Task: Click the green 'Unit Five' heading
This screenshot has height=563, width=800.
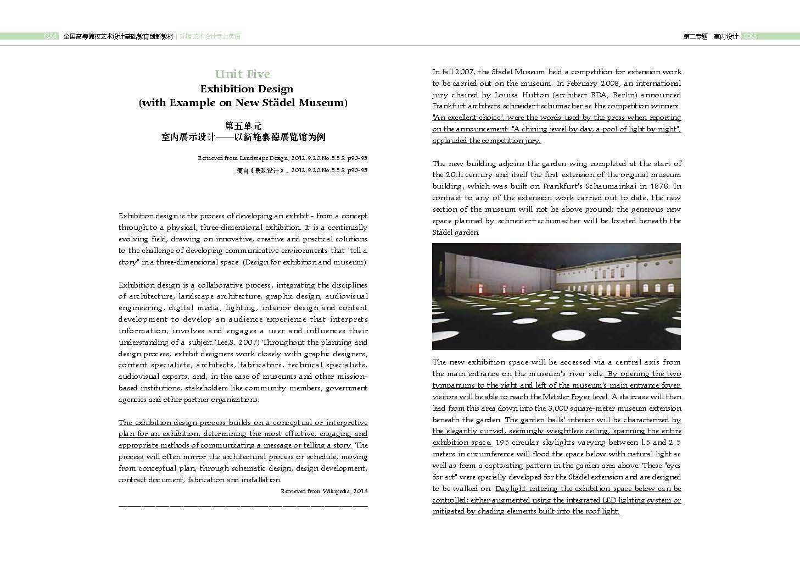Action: (x=242, y=74)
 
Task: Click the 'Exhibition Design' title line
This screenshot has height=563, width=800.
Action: (x=247, y=89)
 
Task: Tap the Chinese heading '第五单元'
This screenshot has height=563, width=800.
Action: (x=243, y=125)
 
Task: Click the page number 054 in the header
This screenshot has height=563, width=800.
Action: (x=51, y=36)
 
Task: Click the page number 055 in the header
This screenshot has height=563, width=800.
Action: (x=750, y=36)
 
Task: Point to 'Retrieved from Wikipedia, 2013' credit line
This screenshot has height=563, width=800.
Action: (x=324, y=492)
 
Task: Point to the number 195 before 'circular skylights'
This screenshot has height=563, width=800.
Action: (x=503, y=443)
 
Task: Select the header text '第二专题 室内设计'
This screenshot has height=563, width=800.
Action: (x=711, y=36)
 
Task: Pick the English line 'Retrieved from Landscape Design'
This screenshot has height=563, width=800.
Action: (x=282, y=158)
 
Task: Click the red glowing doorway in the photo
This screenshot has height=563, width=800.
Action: (x=482, y=289)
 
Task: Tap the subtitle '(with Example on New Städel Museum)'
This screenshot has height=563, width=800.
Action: (x=243, y=103)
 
